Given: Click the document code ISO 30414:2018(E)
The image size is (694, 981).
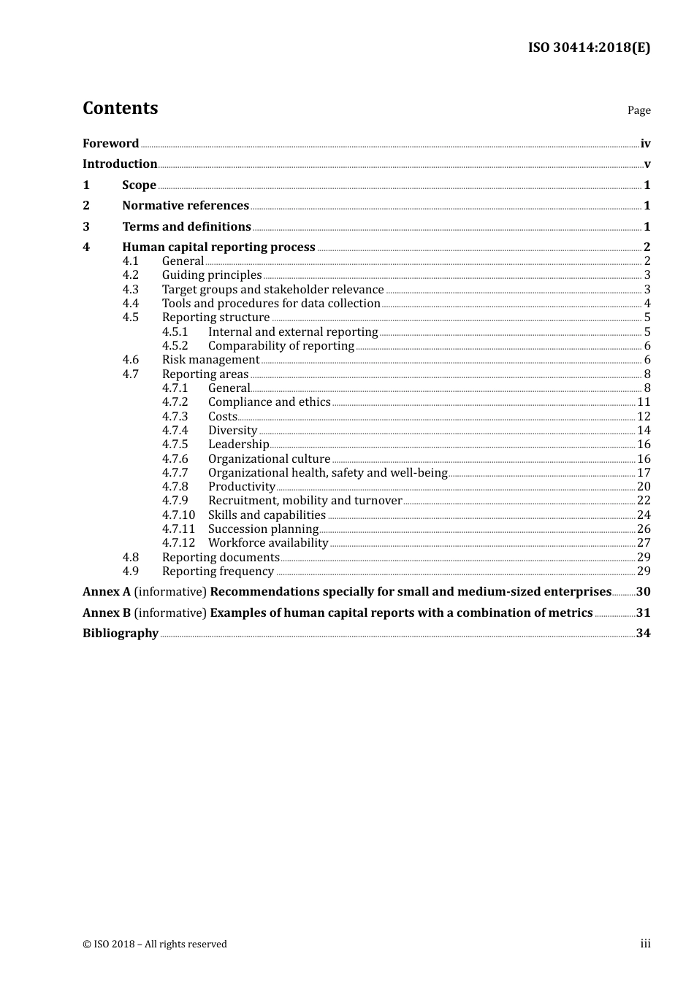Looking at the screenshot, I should (589, 47).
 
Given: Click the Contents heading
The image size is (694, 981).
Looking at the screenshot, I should (120, 108).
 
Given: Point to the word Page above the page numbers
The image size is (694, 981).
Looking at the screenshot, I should (638, 110).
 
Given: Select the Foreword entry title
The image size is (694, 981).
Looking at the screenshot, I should (110, 144).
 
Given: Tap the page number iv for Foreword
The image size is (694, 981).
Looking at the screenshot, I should (645, 144).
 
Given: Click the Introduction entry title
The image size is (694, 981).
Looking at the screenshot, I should (120, 164).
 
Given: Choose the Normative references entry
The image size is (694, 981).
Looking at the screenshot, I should (186, 206).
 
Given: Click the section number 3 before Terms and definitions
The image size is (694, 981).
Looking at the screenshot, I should (86, 227).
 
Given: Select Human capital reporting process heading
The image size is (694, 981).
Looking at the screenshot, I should (218, 247).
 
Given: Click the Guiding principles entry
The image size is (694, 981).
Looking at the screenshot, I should (212, 275).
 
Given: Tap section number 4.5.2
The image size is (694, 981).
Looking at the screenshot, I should (175, 346).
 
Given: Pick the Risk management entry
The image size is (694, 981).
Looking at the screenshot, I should (210, 360).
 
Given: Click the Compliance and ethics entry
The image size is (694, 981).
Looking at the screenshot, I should (269, 402).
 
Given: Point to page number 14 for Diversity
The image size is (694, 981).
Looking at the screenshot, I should (644, 431).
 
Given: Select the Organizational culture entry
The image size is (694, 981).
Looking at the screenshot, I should (269, 459).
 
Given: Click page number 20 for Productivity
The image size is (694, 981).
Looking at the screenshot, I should (644, 487).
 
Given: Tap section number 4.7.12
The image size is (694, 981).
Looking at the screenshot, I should (178, 543).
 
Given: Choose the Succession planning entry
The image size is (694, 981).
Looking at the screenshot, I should (263, 529).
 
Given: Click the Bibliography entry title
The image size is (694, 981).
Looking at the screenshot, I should (121, 634).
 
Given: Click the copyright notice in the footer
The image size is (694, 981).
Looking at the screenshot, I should (155, 945).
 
